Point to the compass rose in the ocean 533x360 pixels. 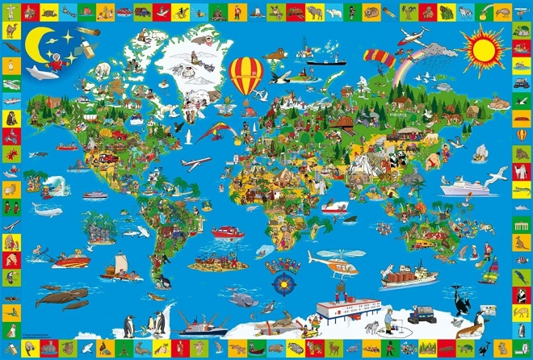[x=284, y=284]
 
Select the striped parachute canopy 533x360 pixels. [x=376, y=57]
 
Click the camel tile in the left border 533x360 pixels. [x=10, y=31]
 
